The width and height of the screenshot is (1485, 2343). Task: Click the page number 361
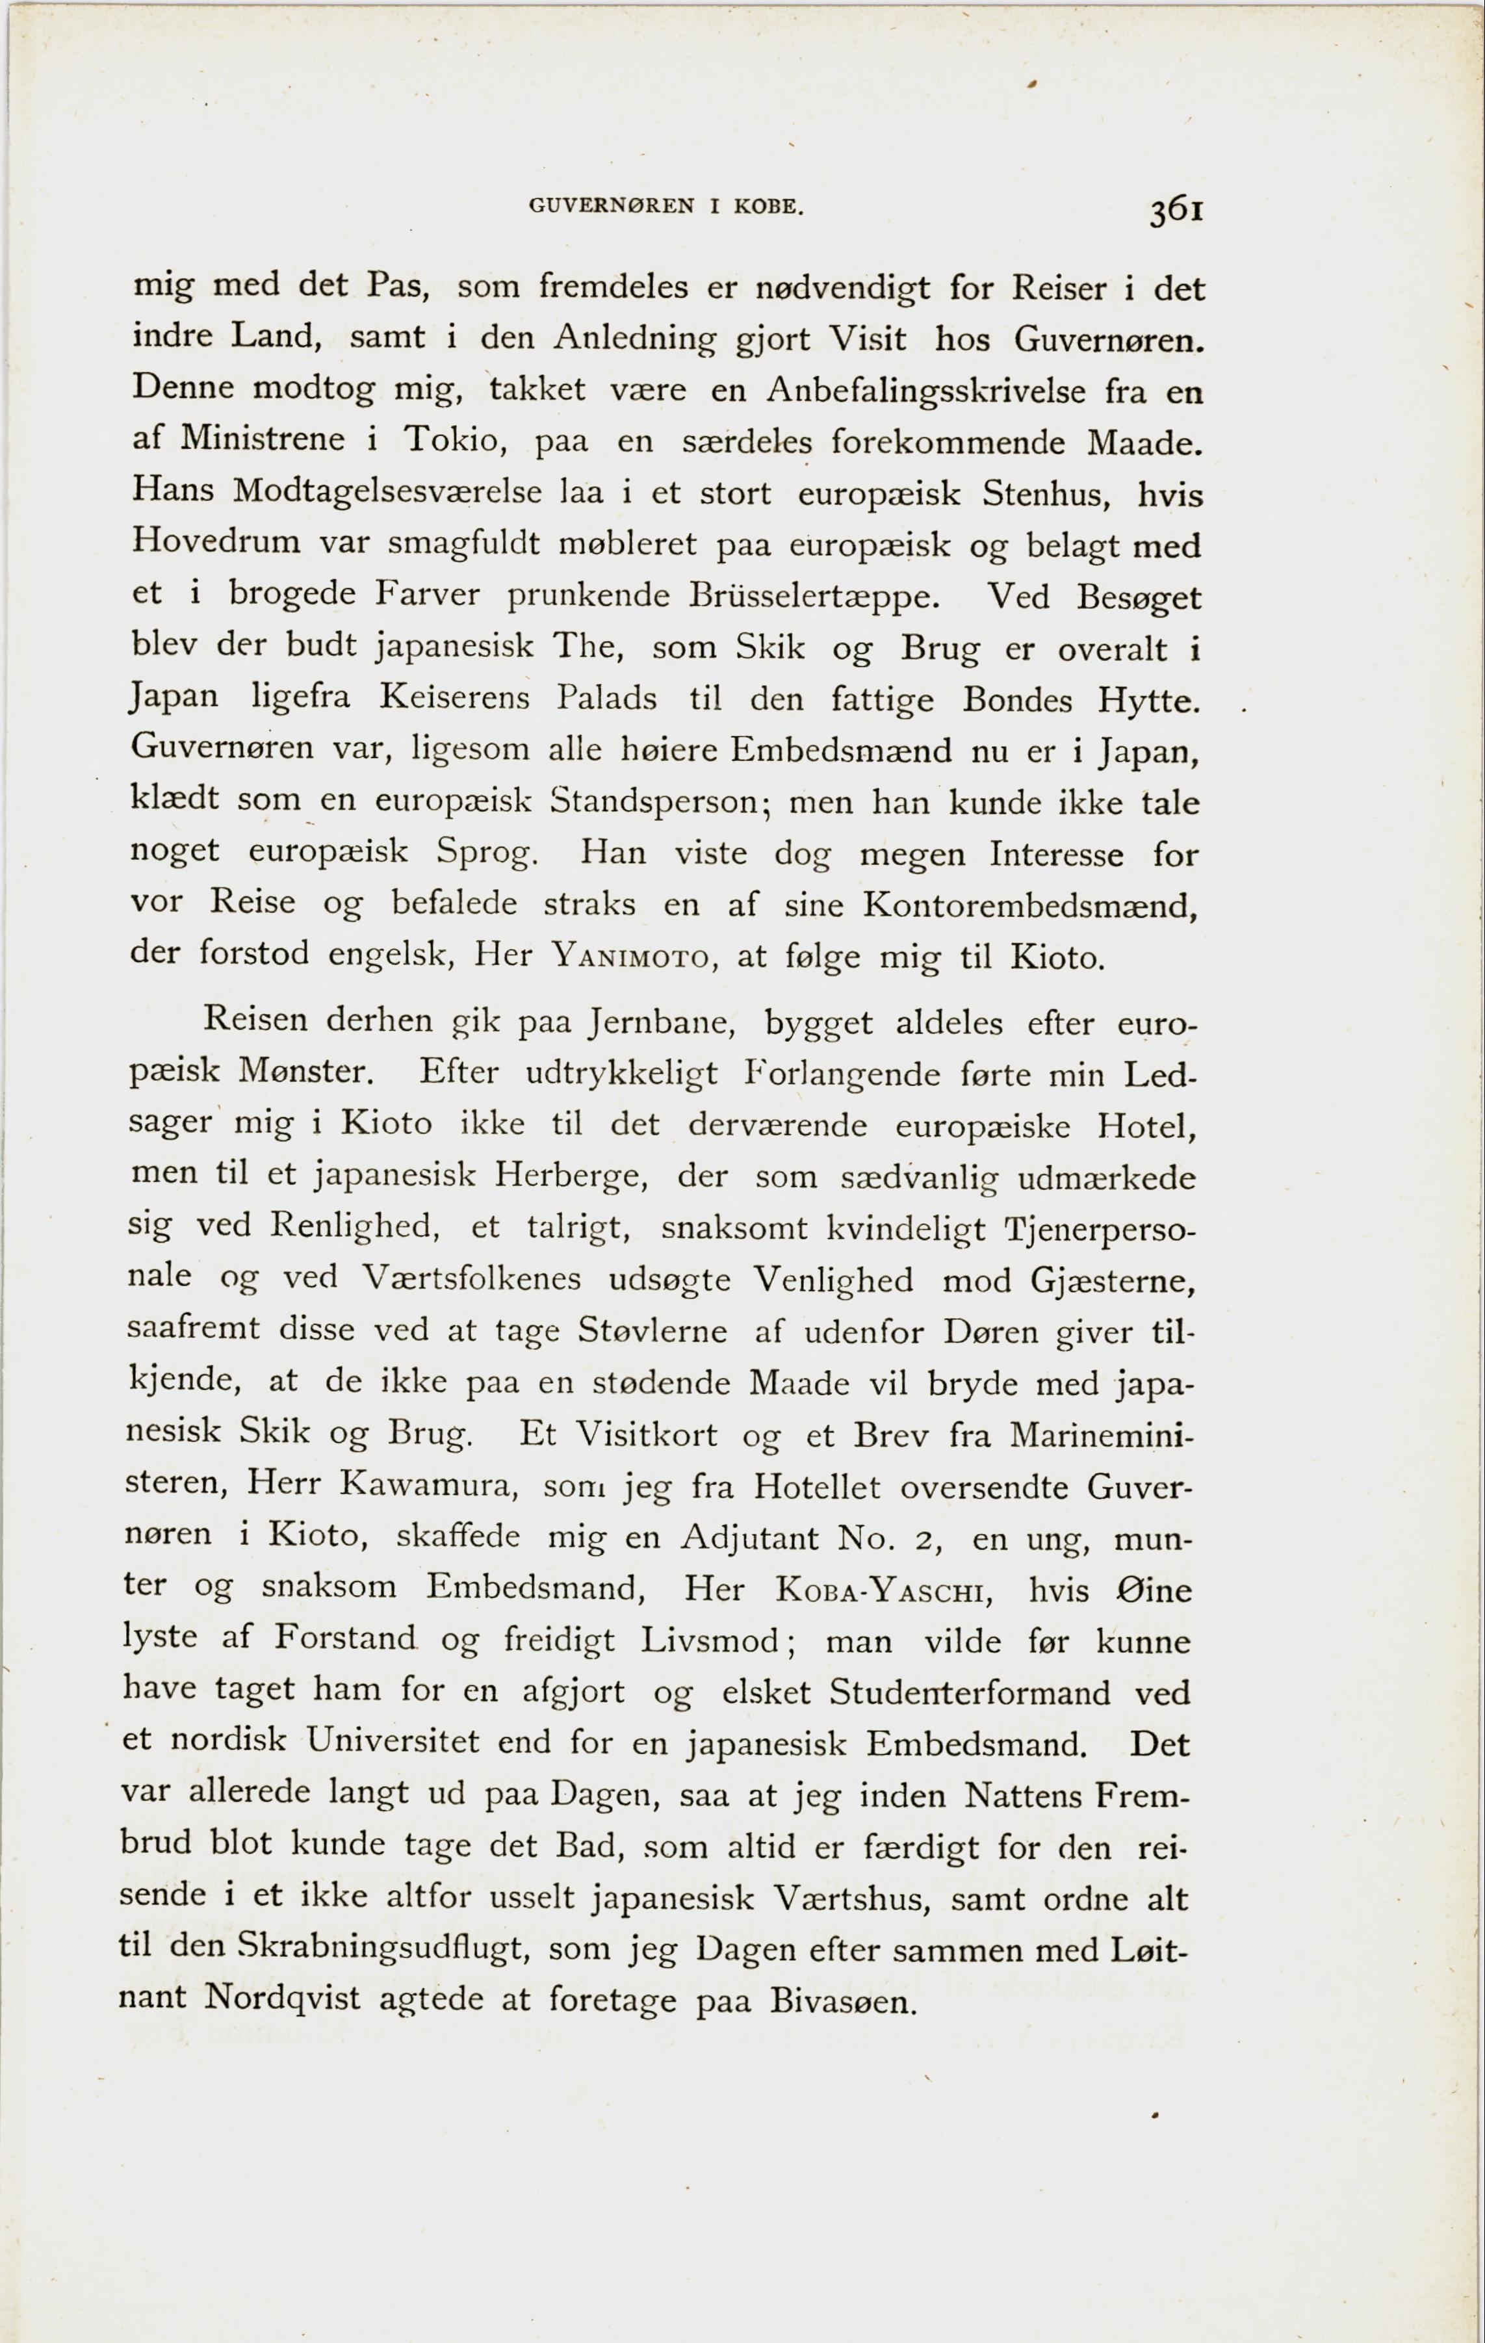tap(1176, 210)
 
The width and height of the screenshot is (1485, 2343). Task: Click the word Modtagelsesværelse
tap(387, 491)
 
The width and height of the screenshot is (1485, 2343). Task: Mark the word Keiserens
tap(454, 697)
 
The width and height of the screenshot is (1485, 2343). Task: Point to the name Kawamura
tap(427, 1485)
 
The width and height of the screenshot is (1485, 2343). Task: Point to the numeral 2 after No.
tap(925, 1539)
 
